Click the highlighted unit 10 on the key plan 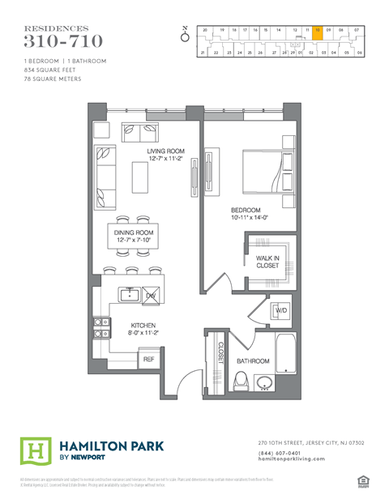[318, 30]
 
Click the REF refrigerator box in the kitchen [148, 358]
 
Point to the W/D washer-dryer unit [281, 310]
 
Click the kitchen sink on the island [129, 294]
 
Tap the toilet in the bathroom [240, 380]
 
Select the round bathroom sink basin [264, 382]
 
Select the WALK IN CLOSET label [267, 261]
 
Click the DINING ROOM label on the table [134, 237]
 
